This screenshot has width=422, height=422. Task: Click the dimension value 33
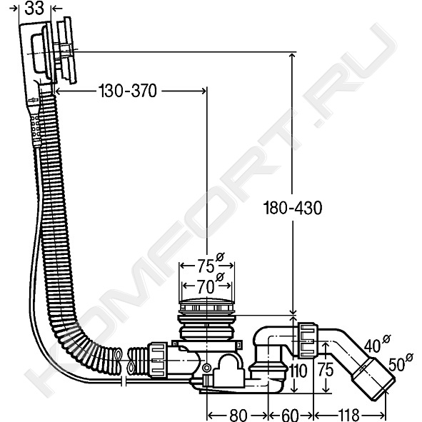[x=34, y=8]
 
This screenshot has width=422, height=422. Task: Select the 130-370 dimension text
[x=128, y=91]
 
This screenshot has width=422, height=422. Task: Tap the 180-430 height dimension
[x=293, y=208]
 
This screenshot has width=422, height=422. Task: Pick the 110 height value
[x=298, y=371]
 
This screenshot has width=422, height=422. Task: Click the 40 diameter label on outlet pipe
[x=377, y=343]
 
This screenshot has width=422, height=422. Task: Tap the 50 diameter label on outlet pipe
[x=401, y=363]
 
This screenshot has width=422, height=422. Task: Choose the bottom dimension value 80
[x=238, y=415]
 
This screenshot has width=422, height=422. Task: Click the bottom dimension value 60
[x=290, y=415]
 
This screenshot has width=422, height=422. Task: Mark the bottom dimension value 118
[x=348, y=415]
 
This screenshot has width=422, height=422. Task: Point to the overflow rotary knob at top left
[x=66, y=51]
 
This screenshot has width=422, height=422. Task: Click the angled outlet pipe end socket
[x=373, y=379]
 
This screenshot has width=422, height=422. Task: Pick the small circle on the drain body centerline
[x=206, y=367]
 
